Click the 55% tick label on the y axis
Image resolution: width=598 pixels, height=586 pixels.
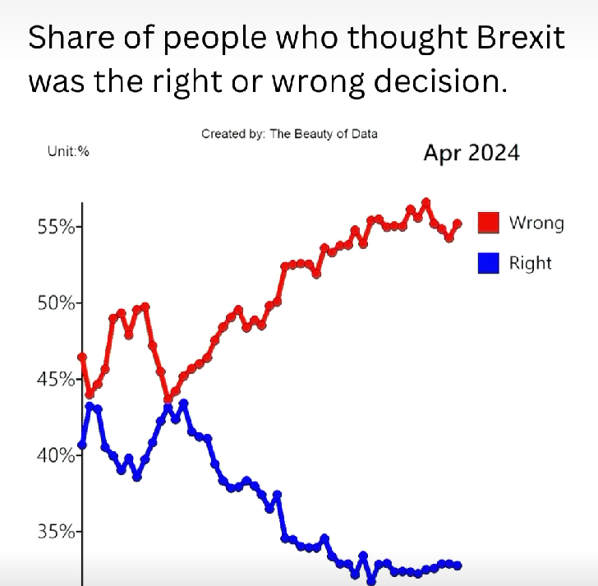(x=55, y=227)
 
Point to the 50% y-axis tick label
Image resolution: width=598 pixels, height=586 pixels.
(x=55, y=303)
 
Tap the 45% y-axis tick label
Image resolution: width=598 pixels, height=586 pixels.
(x=55, y=380)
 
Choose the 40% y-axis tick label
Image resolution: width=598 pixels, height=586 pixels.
(x=55, y=456)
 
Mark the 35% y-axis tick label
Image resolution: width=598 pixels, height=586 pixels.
(x=55, y=532)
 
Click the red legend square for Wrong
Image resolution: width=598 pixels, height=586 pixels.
(x=490, y=223)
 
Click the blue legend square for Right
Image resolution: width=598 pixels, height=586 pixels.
(x=490, y=263)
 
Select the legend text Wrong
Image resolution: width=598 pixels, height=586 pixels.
(x=536, y=223)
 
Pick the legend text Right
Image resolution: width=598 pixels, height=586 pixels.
(x=531, y=263)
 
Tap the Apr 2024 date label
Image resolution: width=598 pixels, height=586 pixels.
(x=471, y=153)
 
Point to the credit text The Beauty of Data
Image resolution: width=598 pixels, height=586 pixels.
(x=324, y=133)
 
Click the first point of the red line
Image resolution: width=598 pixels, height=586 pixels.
(x=82, y=357)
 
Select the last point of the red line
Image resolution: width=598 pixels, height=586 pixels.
(x=458, y=224)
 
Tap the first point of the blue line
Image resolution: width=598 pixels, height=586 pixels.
(x=82, y=445)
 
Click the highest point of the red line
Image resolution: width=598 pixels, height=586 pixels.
(x=425, y=202)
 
